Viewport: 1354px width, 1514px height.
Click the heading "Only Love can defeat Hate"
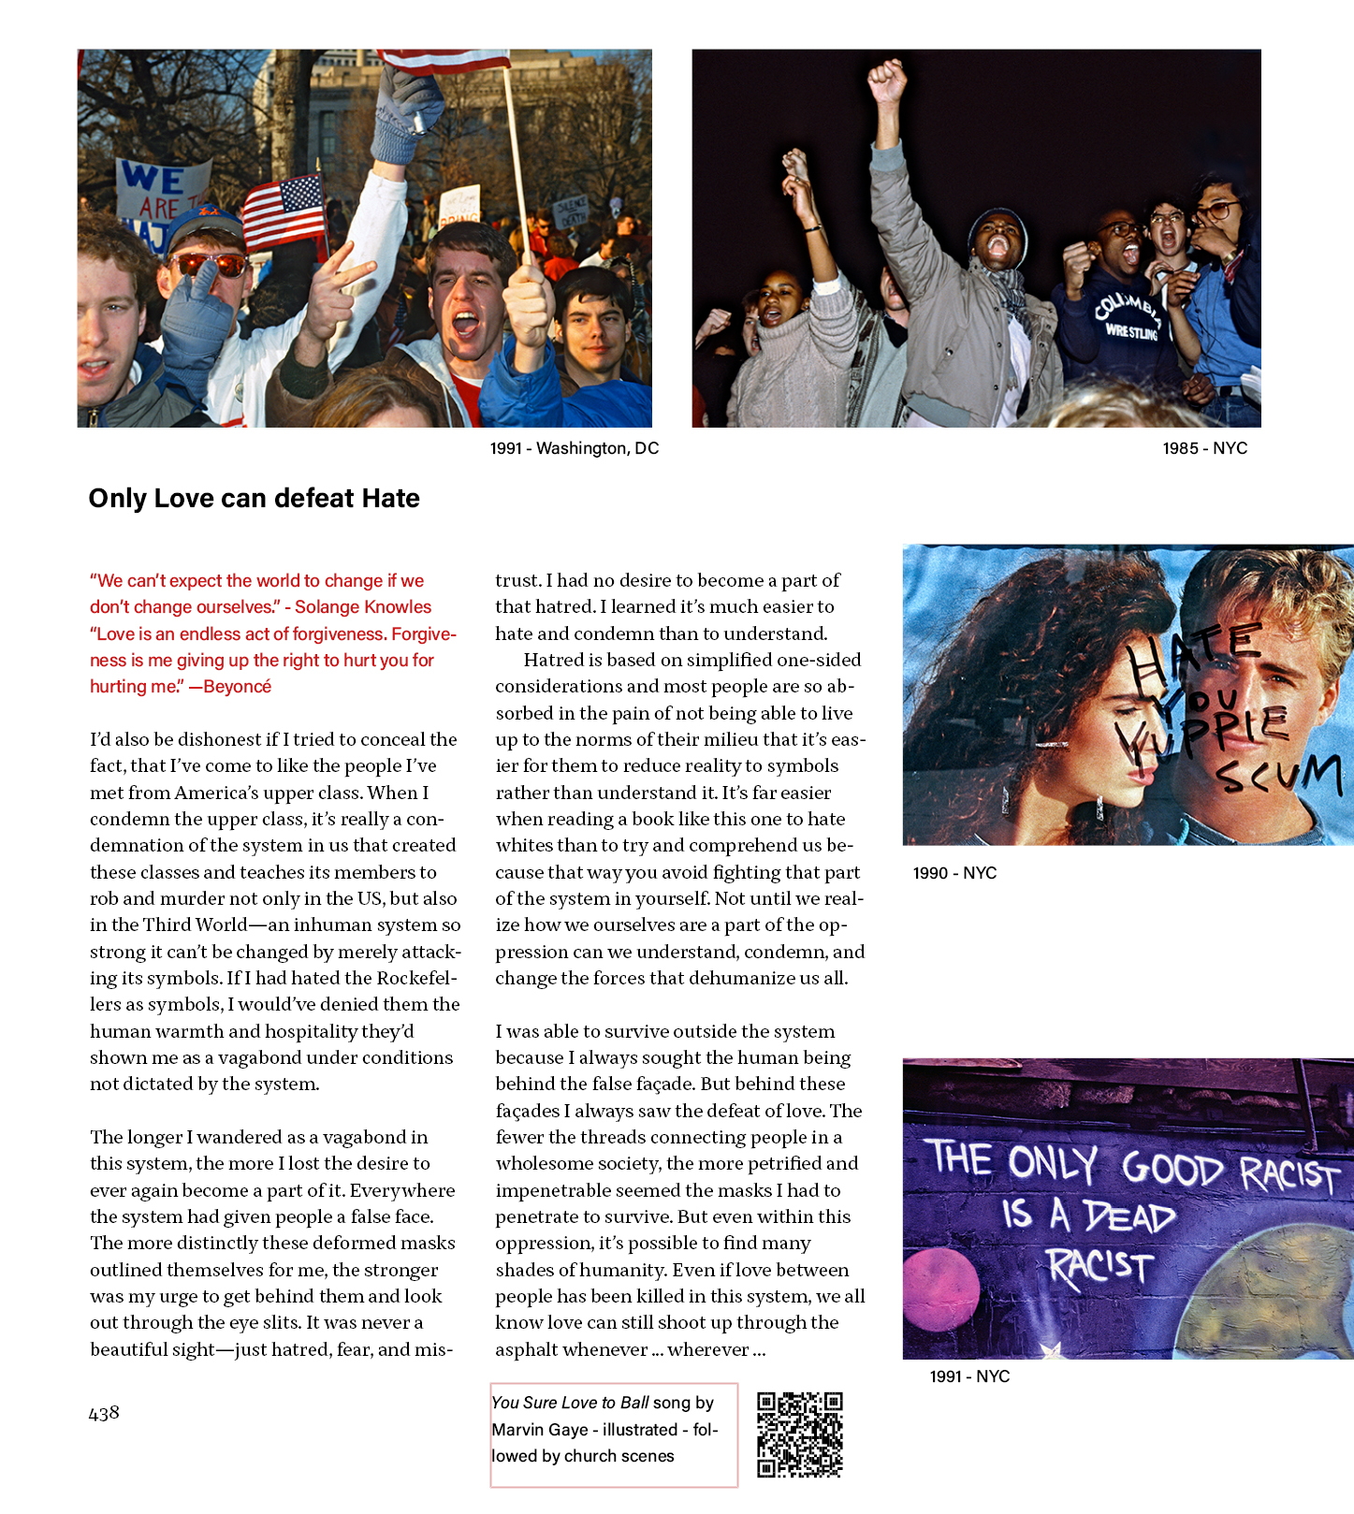254,498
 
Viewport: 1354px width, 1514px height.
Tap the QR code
800,1434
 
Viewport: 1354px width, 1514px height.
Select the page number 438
104,1413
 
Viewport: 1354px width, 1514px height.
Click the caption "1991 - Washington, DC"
574,448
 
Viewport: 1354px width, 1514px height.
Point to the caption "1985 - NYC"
1204,448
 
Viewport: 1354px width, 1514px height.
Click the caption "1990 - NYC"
954,873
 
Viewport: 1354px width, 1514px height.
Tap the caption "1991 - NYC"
969,1376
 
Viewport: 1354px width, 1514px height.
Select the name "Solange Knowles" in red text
363,607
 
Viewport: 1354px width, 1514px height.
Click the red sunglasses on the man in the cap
211,266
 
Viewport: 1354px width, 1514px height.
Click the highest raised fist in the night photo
887,82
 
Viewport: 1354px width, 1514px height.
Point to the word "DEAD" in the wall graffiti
1128,1216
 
